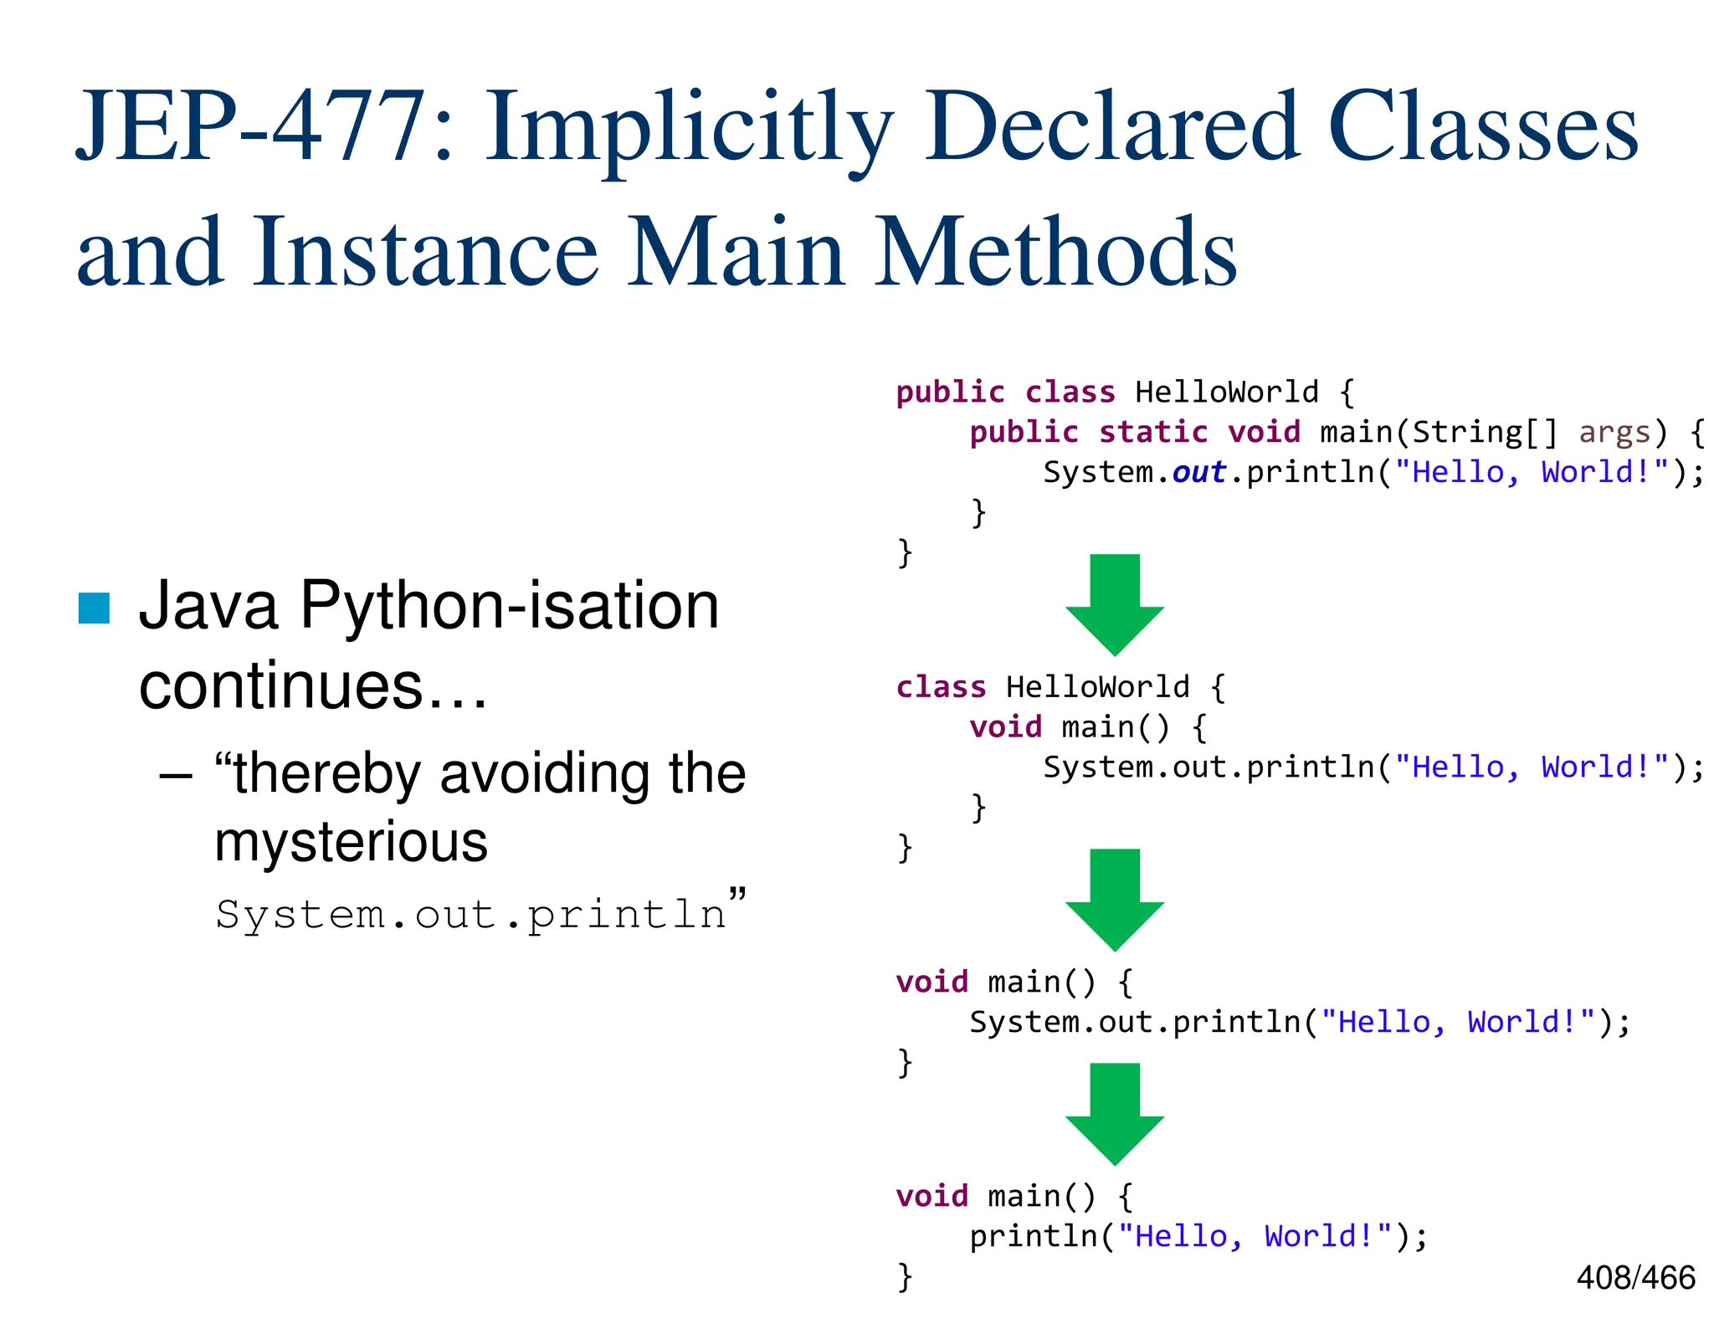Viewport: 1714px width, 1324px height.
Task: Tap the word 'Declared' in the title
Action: (x=1112, y=127)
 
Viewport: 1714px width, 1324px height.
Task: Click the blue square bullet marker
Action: (x=94, y=608)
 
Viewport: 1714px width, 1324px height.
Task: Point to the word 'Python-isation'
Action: (x=509, y=605)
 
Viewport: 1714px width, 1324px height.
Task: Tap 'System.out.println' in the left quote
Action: (x=470, y=914)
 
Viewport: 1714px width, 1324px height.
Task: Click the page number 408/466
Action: (x=1635, y=1278)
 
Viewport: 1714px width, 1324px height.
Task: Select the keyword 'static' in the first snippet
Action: (x=1153, y=432)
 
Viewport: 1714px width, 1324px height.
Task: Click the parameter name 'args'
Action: (x=1614, y=432)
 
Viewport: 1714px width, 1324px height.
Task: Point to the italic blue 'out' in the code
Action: (x=1198, y=472)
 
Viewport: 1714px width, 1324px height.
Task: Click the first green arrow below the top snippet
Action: (x=1115, y=604)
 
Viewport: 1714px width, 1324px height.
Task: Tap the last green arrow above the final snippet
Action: (x=1115, y=1113)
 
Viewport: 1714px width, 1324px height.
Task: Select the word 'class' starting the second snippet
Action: (x=941, y=687)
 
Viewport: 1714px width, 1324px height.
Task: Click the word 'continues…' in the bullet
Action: (x=313, y=686)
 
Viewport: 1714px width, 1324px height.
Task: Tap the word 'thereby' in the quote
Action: (x=327, y=772)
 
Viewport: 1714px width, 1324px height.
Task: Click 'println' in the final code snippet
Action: (x=1033, y=1236)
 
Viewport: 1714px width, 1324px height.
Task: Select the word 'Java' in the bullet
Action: (x=208, y=605)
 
